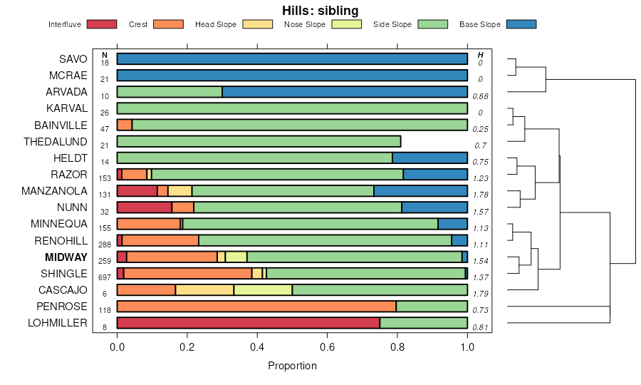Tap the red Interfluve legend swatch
coord(101,25)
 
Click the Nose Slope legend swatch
coord(346,25)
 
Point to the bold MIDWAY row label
coord(66,257)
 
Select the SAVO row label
coord(73,59)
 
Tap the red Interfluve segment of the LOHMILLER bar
coord(248,323)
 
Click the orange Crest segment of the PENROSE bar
coord(256,307)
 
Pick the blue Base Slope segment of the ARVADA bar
coord(345,92)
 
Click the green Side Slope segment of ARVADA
coord(170,92)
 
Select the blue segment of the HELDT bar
coord(429,158)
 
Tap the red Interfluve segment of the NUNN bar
coord(144,207)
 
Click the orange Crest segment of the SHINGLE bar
coord(188,273)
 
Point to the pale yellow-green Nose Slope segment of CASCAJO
coord(263,290)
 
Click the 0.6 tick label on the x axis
coord(327,347)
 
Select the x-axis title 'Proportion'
coord(292,366)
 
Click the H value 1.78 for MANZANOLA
coord(481,195)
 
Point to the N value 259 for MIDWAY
coord(105,261)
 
